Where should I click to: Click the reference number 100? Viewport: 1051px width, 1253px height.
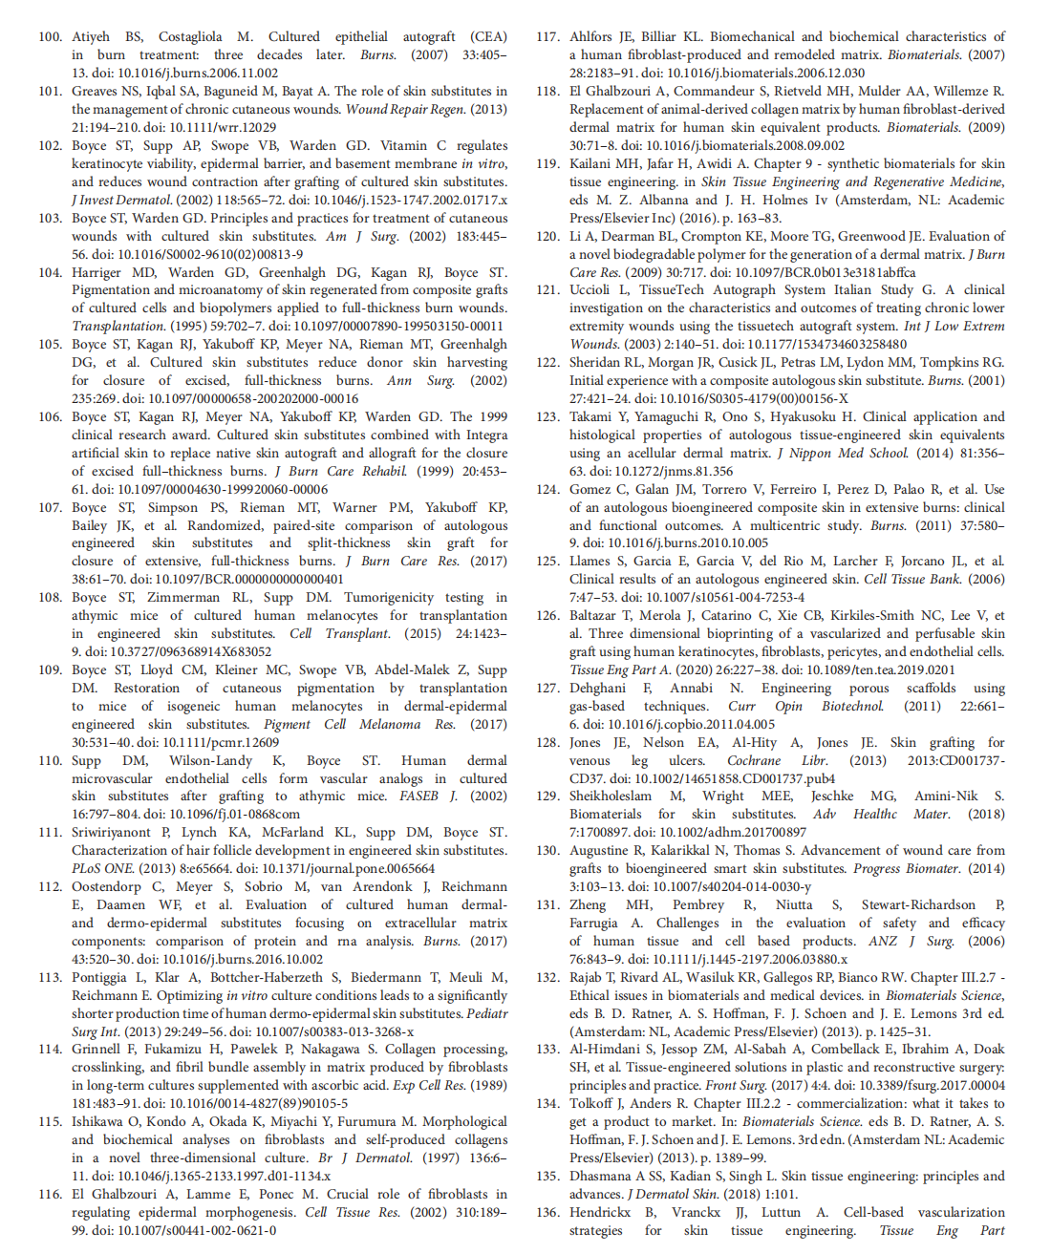51,37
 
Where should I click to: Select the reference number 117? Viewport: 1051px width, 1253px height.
547,37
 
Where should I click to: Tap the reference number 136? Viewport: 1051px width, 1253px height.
547,1212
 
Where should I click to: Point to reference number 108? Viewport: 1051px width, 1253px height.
51,598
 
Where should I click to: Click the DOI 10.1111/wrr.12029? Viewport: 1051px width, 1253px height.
215,128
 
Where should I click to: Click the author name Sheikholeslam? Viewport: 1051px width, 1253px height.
611,796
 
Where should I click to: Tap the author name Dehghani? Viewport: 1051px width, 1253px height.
599,689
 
